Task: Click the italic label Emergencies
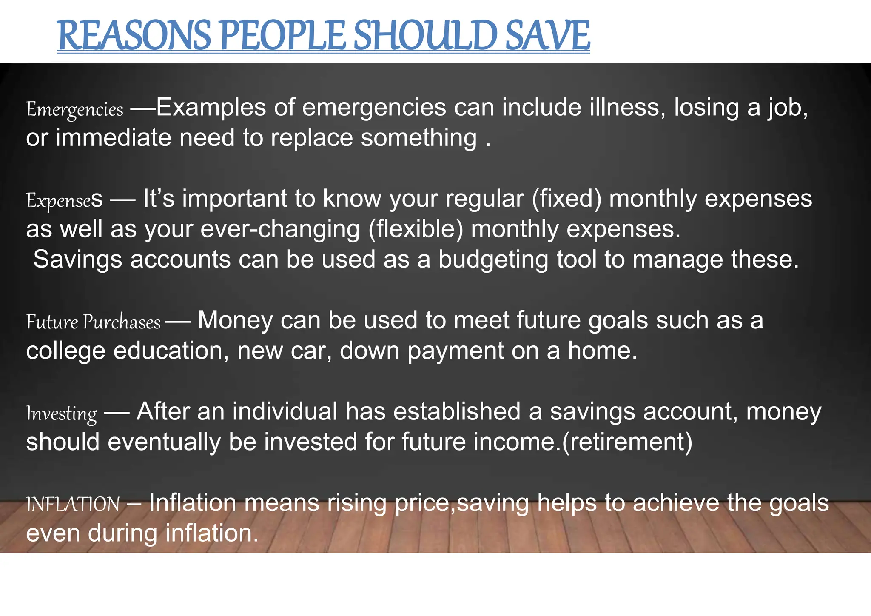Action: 75,109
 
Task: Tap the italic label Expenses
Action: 64,200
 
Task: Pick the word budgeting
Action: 493,260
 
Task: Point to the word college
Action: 65,351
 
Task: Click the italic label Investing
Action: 62,413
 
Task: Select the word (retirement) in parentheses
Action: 627,442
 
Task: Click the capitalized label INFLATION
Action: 73,504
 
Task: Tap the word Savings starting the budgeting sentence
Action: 78,260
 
